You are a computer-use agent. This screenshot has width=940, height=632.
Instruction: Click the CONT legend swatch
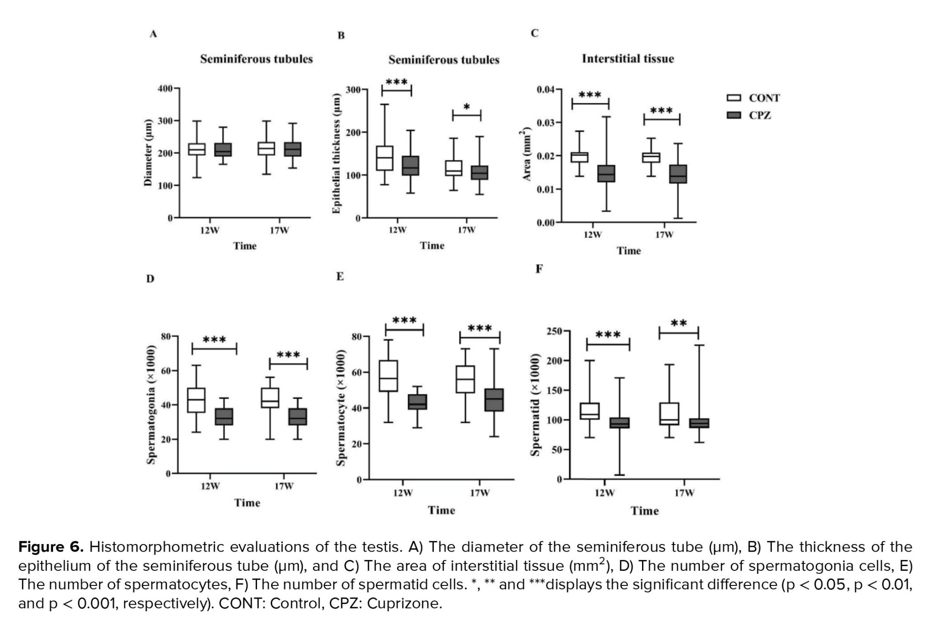click(734, 98)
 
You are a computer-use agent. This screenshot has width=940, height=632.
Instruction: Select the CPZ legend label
click(760, 115)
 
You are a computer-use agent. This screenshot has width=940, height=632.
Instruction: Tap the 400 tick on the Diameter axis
click(165, 88)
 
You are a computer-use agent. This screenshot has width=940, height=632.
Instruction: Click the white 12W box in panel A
click(196, 149)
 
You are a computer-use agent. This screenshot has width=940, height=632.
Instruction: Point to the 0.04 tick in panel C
click(546, 89)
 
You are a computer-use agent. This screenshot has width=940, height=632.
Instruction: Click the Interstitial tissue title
click(627, 59)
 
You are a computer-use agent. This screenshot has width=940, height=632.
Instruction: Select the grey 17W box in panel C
click(678, 174)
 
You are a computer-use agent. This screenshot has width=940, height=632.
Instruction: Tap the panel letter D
click(150, 279)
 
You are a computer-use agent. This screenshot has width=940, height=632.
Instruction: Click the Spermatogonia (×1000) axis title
click(151, 404)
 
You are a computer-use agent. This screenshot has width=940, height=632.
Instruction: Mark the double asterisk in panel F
click(679, 324)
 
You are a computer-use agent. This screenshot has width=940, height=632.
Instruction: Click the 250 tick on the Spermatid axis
click(554, 332)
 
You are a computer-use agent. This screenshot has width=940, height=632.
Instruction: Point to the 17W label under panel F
click(684, 493)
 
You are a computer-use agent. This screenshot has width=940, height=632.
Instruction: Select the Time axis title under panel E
click(441, 510)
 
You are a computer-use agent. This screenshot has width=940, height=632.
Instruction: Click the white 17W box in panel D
click(270, 398)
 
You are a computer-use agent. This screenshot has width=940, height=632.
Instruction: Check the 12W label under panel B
click(397, 230)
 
